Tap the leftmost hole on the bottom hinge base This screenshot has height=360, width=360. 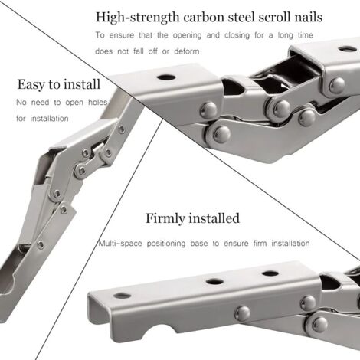pos(123,295)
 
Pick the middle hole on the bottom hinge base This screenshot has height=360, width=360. pos(215,281)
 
